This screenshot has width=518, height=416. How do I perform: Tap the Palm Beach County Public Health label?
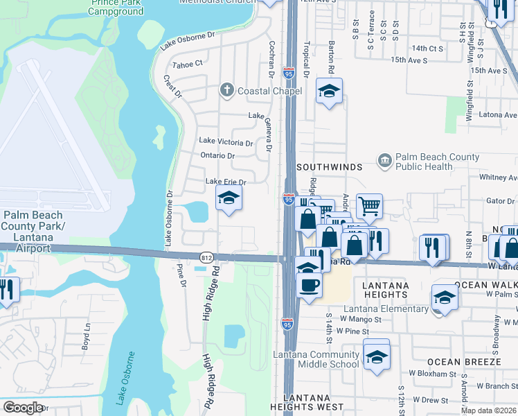click(436, 162)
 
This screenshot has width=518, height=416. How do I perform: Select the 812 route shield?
click(206, 257)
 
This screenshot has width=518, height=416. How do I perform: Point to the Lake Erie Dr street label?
click(226, 182)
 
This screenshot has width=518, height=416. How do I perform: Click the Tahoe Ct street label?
click(187, 63)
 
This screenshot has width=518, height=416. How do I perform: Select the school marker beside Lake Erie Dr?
click(229, 199)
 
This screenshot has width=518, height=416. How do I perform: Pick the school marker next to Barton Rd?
click(329, 91)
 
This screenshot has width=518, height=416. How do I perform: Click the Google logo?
click(23, 408)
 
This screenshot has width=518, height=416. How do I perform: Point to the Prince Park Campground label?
click(116, 8)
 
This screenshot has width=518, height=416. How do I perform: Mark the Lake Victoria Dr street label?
click(226, 141)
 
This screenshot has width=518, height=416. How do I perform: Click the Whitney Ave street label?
click(498, 177)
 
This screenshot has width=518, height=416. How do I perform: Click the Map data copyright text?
click(488, 410)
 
